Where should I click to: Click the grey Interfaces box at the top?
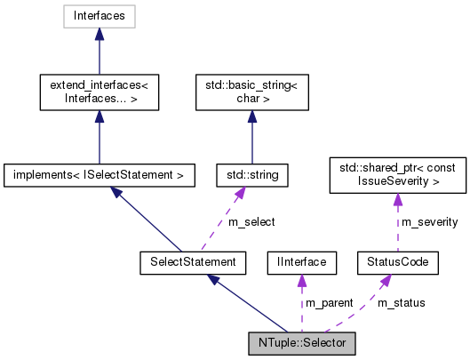point(99,16)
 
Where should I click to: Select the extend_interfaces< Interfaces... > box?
point(99,92)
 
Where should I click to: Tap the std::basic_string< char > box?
point(251,92)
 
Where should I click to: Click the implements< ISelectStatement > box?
point(99,175)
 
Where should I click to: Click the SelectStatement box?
point(193,261)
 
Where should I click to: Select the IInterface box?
point(301,261)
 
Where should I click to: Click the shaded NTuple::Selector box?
point(301,342)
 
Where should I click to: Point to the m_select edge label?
point(251,221)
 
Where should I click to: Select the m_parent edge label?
point(330,303)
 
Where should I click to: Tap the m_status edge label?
point(401,303)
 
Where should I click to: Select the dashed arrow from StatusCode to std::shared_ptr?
point(396,222)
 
